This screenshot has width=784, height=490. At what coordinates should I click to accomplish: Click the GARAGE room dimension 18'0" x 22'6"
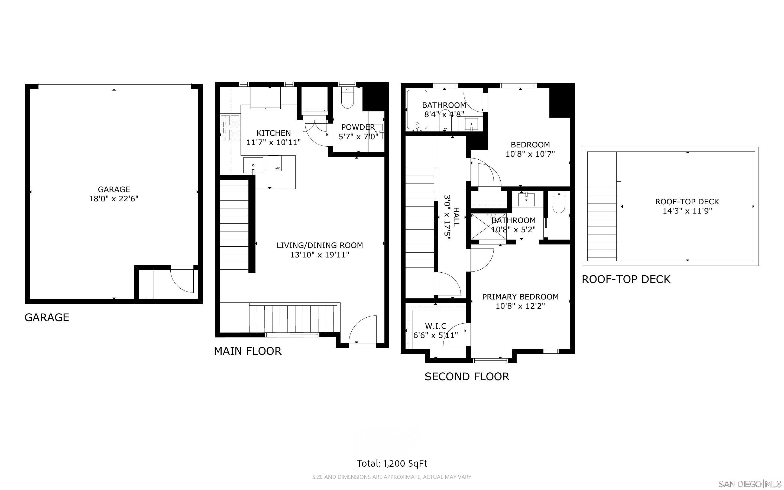point(114,199)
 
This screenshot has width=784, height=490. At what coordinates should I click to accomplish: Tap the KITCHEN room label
point(274,133)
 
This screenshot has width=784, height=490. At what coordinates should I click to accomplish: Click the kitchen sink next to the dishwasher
point(253,165)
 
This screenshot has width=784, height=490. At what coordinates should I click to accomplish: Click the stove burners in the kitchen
point(230,128)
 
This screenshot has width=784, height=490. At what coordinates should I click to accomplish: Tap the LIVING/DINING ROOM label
point(320,245)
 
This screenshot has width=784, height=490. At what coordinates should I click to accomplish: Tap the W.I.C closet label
point(436,326)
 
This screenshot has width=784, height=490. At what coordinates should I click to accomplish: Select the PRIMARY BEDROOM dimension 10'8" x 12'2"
point(520,306)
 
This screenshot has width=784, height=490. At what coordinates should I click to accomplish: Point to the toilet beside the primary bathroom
point(559,202)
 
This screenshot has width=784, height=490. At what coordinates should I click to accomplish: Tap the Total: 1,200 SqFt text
point(392,463)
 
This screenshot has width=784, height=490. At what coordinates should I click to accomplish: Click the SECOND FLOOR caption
point(467,376)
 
